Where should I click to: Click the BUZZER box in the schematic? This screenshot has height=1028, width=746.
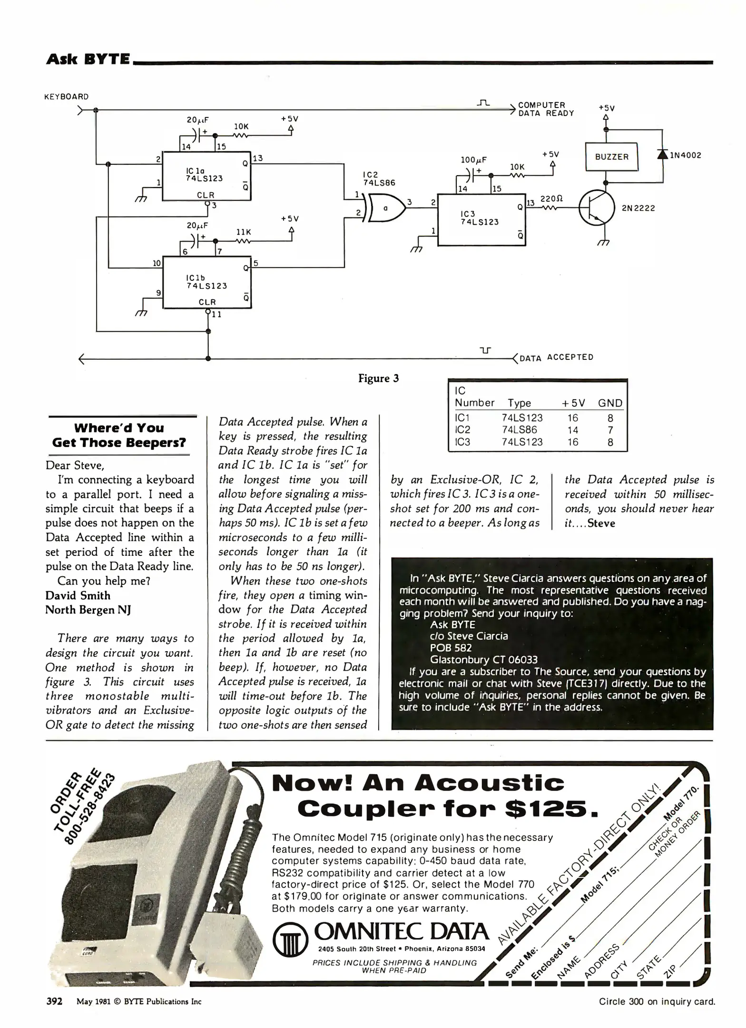click(611, 157)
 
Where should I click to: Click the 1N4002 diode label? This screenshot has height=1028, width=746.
click(685, 155)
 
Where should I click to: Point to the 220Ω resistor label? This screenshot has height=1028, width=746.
click(551, 198)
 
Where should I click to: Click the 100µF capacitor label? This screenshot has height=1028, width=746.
click(473, 160)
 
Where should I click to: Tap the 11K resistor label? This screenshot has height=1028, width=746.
click(244, 232)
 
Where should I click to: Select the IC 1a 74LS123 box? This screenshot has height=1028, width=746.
click(206, 176)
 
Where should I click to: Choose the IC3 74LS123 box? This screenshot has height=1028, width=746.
click(481, 218)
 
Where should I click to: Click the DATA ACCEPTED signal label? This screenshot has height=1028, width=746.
click(556, 357)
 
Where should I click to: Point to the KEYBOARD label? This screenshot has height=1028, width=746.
click(67, 97)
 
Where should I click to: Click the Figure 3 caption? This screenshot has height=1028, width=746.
click(378, 378)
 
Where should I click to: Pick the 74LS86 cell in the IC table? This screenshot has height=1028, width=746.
click(522, 430)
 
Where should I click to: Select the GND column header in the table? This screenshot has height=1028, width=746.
click(610, 403)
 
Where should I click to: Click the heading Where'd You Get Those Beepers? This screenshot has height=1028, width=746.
click(119, 435)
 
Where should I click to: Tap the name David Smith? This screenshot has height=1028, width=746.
click(78, 595)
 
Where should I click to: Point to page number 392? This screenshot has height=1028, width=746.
click(54, 1001)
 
